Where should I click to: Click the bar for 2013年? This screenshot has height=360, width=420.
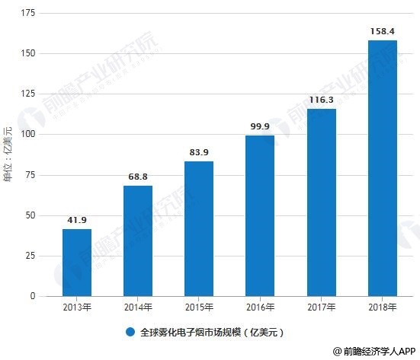pos(77,262)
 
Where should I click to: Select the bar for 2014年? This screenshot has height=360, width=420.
pos(138,241)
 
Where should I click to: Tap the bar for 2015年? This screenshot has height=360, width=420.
pos(199,228)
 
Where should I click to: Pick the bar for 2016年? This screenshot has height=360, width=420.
pos(260,215)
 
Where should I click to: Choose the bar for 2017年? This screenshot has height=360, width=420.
pos(321,202)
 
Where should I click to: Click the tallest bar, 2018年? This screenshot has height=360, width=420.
pos(382,167)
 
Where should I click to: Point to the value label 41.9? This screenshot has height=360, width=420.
pos(77,220)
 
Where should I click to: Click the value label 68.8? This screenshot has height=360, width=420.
pos(138,177)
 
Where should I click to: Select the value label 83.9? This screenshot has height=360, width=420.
pos(199,152)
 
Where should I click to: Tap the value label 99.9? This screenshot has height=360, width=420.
pos(260,126)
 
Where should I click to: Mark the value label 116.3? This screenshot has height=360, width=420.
pos(321,100)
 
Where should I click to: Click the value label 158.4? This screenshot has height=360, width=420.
pos(382,31)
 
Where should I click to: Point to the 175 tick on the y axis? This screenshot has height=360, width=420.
pos(28,14)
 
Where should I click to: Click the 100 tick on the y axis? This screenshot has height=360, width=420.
pos(28,135)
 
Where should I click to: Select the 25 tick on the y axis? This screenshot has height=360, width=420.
pos(30,256)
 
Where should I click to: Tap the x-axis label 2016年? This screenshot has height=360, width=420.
pos(260,307)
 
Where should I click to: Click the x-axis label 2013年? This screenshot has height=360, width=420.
pos(77,307)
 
